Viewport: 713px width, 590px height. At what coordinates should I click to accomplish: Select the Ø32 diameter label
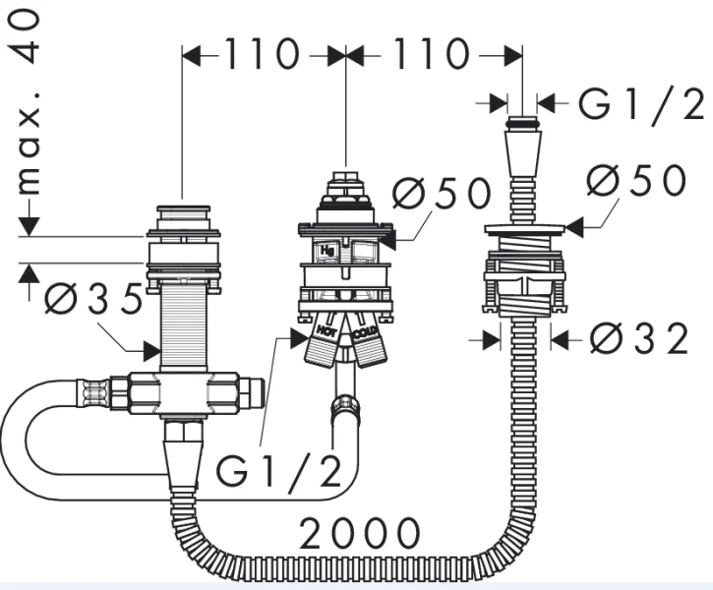[x=638, y=339]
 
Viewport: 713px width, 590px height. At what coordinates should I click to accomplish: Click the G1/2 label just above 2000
[x=278, y=472]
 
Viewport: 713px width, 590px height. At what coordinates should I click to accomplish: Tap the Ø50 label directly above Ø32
[x=634, y=181]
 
